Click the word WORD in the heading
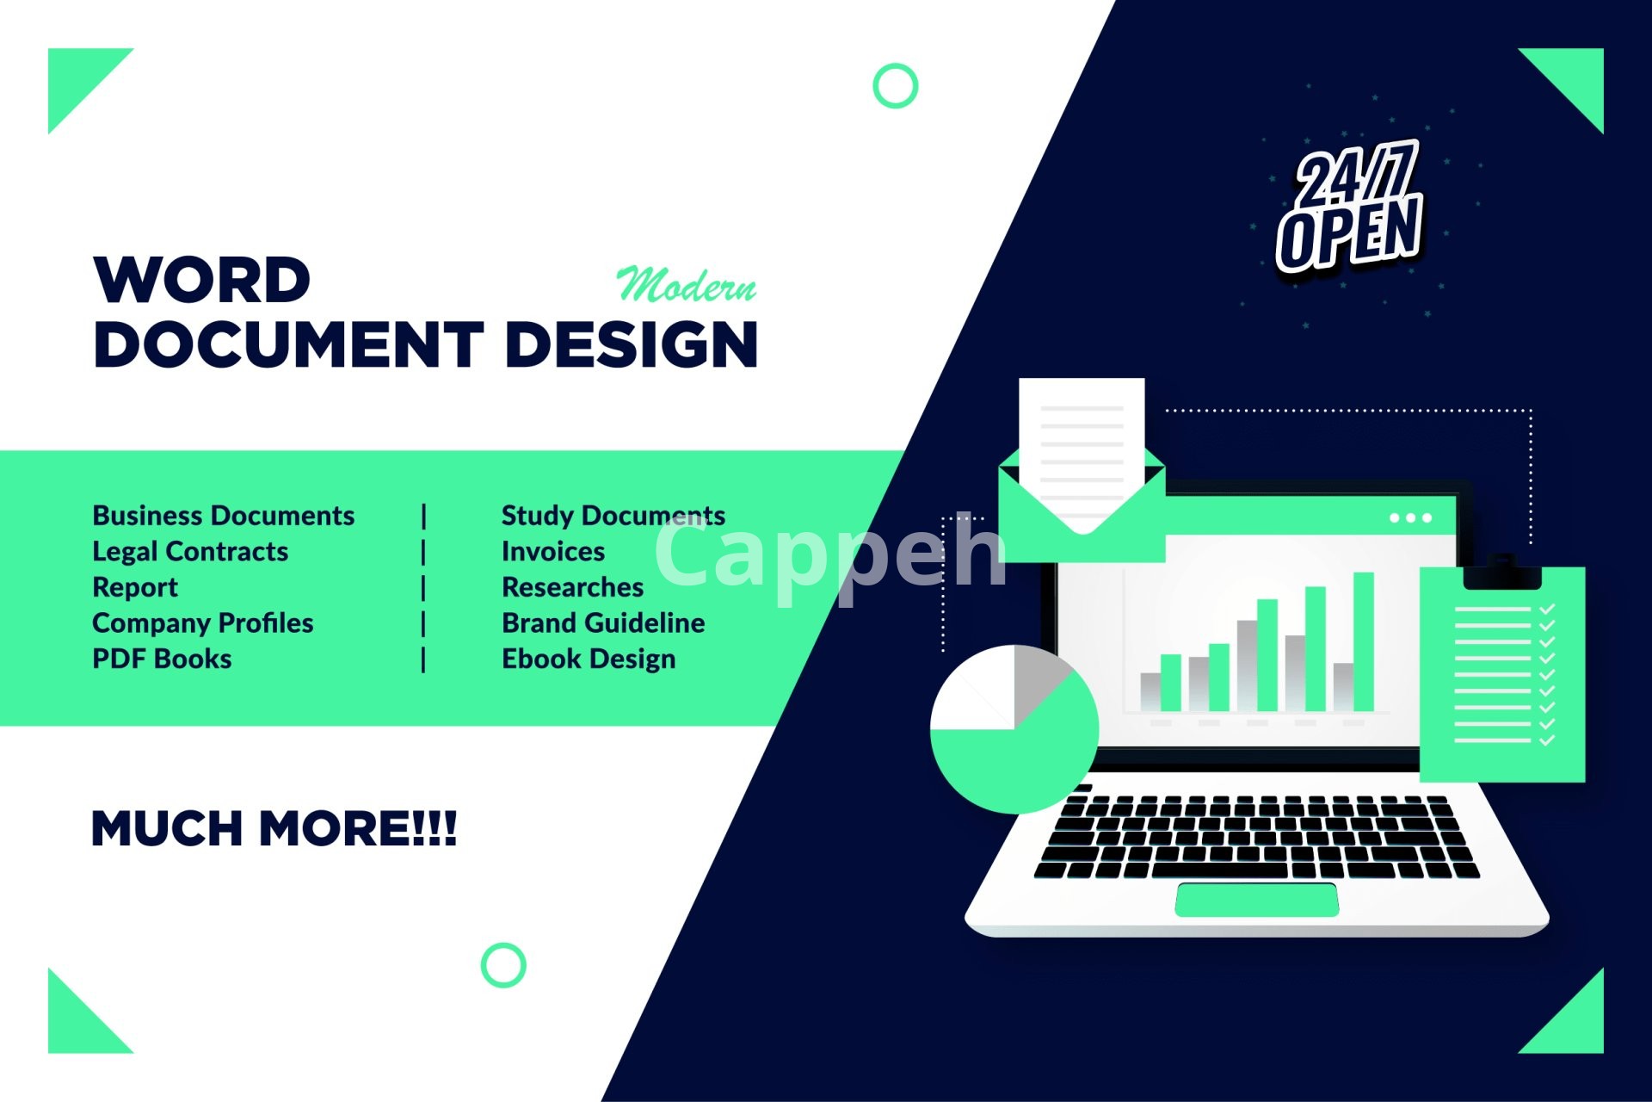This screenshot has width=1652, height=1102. pyautogui.click(x=202, y=280)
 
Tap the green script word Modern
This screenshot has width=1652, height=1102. pyautogui.click(x=687, y=284)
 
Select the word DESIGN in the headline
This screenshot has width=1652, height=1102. pyautogui.click(x=632, y=344)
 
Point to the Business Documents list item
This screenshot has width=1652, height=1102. pyautogui.click(x=224, y=516)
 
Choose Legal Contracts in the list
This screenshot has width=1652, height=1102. pyautogui.click(x=190, y=552)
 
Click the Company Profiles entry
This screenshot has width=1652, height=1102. pyautogui.click(x=203, y=623)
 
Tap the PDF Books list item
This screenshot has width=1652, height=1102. pyautogui.click(x=162, y=659)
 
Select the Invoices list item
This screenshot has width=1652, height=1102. pyautogui.click(x=553, y=552)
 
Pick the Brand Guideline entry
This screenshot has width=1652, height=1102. pyautogui.click(x=603, y=623)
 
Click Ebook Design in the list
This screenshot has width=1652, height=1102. pyautogui.click(x=589, y=659)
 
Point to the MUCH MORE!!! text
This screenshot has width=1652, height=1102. pyautogui.click(x=274, y=828)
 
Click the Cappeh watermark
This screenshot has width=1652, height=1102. pyautogui.click(x=830, y=555)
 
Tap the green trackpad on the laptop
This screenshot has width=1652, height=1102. pyautogui.click(x=1257, y=900)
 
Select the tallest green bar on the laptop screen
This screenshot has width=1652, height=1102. pyautogui.click(x=1364, y=641)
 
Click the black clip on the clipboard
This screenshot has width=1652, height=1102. pyautogui.click(x=1502, y=573)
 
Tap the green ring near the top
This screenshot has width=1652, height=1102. pyautogui.click(x=896, y=86)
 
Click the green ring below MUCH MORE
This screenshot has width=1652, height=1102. pyautogui.click(x=503, y=965)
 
